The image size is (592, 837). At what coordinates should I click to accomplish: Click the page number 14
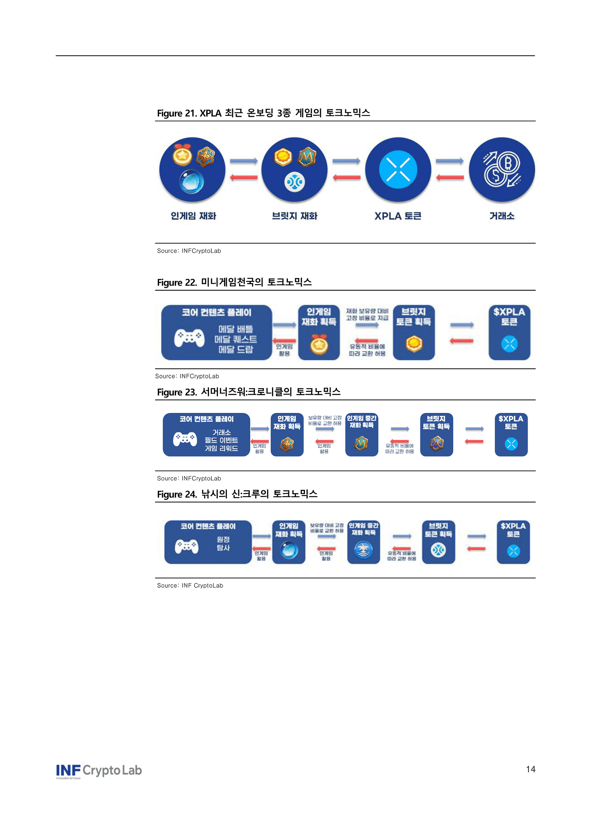pyautogui.click(x=530, y=769)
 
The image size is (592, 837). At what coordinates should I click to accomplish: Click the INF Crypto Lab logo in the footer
pyautogui.click(x=99, y=771)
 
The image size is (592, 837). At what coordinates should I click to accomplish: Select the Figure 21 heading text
pyautogui.click(x=263, y=113)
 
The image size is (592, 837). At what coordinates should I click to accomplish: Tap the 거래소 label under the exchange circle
pyautogui.click(x=502, y=216)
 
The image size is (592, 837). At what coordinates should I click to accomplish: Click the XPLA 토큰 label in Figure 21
pyautogui.click(x=398, y=216)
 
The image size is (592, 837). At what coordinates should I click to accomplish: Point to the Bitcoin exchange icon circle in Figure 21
pyautogui.click(x=502, y=170)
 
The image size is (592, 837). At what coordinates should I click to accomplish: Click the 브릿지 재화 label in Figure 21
pyautogui.click(x=295, y=216)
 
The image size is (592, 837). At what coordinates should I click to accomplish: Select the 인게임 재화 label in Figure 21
pyautogui.click(x=193, y=216)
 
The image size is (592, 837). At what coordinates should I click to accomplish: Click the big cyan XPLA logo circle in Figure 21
pyautogui.click(x=398, y=170)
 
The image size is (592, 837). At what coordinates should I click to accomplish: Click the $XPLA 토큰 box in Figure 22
pyautogui.click(x=509, y=333)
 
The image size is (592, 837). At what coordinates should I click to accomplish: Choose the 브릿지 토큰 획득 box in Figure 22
pyautogui.click(x=414, y=333)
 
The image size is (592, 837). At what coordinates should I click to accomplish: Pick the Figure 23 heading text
pyautogui.click(x=249, y=392)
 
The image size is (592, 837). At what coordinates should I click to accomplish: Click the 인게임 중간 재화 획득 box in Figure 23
pyautogui.click(x=361, y=435)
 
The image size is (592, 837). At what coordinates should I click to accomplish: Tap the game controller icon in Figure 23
pyautogui.click(x=185, y=439)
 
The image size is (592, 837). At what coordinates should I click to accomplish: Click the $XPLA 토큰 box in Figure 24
pyautogui.click(x=513, y=542)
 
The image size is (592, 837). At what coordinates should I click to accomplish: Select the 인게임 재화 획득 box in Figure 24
pyautogui.click(x=289, y=542)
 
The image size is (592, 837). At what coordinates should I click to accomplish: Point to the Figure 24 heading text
pyautogui.click(x=237, y=494)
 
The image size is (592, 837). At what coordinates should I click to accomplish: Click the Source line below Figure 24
pyautogui.click(x=190, y=585)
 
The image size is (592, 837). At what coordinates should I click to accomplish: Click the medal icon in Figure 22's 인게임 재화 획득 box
pyautogui.click(x=319, y=345)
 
